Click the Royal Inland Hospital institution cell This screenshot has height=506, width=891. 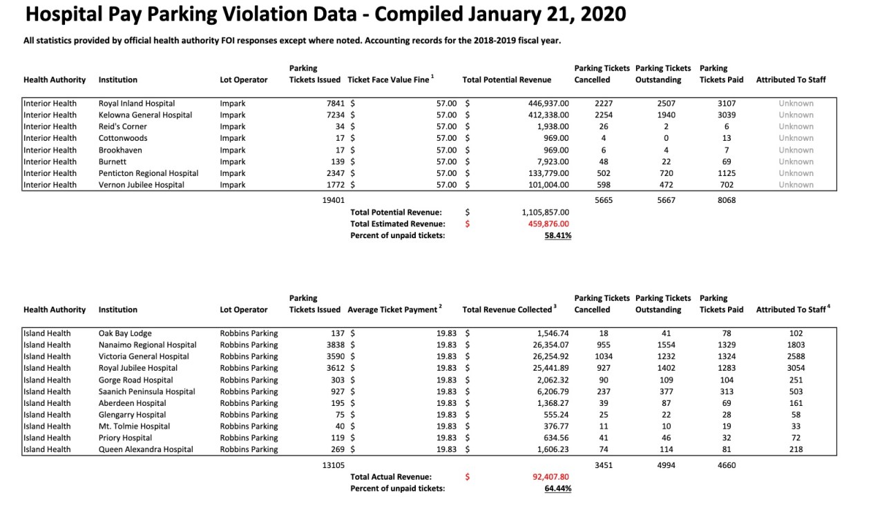click(137, 104)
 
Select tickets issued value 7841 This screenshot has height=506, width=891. click(334, 104)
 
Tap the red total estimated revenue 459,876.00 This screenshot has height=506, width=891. click(545, 224)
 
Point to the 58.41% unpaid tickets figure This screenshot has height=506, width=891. click(557, 235)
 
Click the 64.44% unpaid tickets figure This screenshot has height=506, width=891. click(557, 489)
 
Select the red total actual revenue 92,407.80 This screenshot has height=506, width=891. click(546, 477)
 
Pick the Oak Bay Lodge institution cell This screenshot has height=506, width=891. click(125, 333)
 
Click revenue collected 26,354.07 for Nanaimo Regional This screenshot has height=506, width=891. click(546, 345)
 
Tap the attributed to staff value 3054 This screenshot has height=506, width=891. click(795, 368)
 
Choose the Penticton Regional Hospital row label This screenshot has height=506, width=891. click(148, 173)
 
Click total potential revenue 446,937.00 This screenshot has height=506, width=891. click(548, 104)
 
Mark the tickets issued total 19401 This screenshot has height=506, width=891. click(334, 200)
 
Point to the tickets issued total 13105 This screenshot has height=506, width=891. click(334, 465)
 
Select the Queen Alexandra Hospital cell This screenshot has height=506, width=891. click(146, 449)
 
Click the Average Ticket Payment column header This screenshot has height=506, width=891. click(394, 310)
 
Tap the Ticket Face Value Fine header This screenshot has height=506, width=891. click(390, 80)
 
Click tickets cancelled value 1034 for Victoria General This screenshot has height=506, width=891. click(603, 357)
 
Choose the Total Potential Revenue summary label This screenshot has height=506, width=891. click(396, 213)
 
